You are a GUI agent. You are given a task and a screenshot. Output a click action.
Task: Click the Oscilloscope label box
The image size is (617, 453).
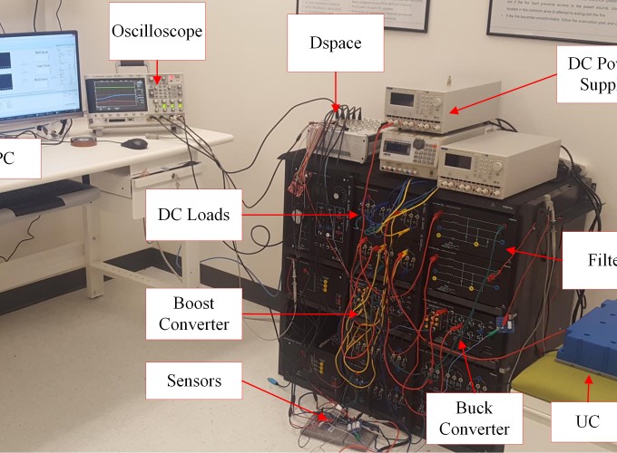pos(157,31)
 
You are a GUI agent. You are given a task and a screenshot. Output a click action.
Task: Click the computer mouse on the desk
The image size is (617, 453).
pos(134,143)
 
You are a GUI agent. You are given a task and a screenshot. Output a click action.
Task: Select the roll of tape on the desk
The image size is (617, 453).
pos(83,141)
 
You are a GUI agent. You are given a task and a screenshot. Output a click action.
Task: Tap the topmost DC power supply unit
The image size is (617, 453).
pos(442,106)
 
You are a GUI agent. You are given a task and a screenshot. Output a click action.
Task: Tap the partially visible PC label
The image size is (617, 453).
pos(17,161)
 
